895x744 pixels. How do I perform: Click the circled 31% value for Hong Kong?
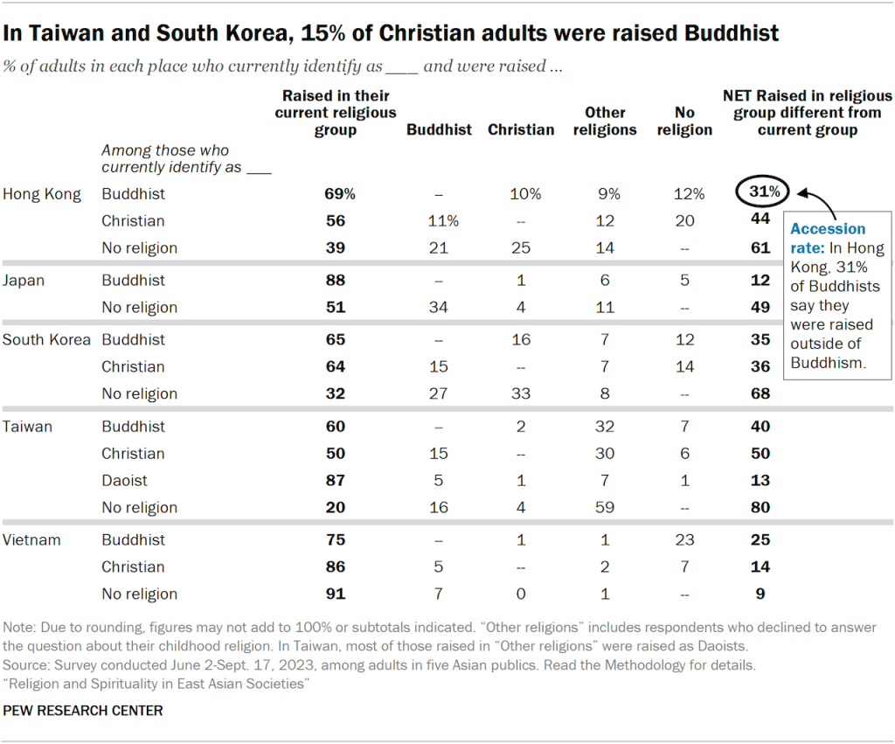762,191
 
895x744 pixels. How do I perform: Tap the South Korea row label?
46,339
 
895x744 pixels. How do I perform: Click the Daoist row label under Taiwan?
124,480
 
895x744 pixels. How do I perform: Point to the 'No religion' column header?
684,121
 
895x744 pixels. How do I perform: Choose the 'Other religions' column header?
605,121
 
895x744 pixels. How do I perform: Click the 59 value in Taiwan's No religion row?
605,507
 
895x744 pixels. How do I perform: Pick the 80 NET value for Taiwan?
760,507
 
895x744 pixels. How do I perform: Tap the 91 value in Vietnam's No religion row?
336,594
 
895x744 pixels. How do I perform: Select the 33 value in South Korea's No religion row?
521,393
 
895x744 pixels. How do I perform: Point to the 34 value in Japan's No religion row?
439,307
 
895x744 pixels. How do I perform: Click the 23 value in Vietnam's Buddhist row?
684,539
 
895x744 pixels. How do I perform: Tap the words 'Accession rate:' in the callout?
828,237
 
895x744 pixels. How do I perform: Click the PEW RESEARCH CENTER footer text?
83,711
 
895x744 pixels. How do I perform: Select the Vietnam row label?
31,539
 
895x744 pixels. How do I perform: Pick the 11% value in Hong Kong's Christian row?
439,220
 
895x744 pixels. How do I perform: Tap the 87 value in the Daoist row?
336,480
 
